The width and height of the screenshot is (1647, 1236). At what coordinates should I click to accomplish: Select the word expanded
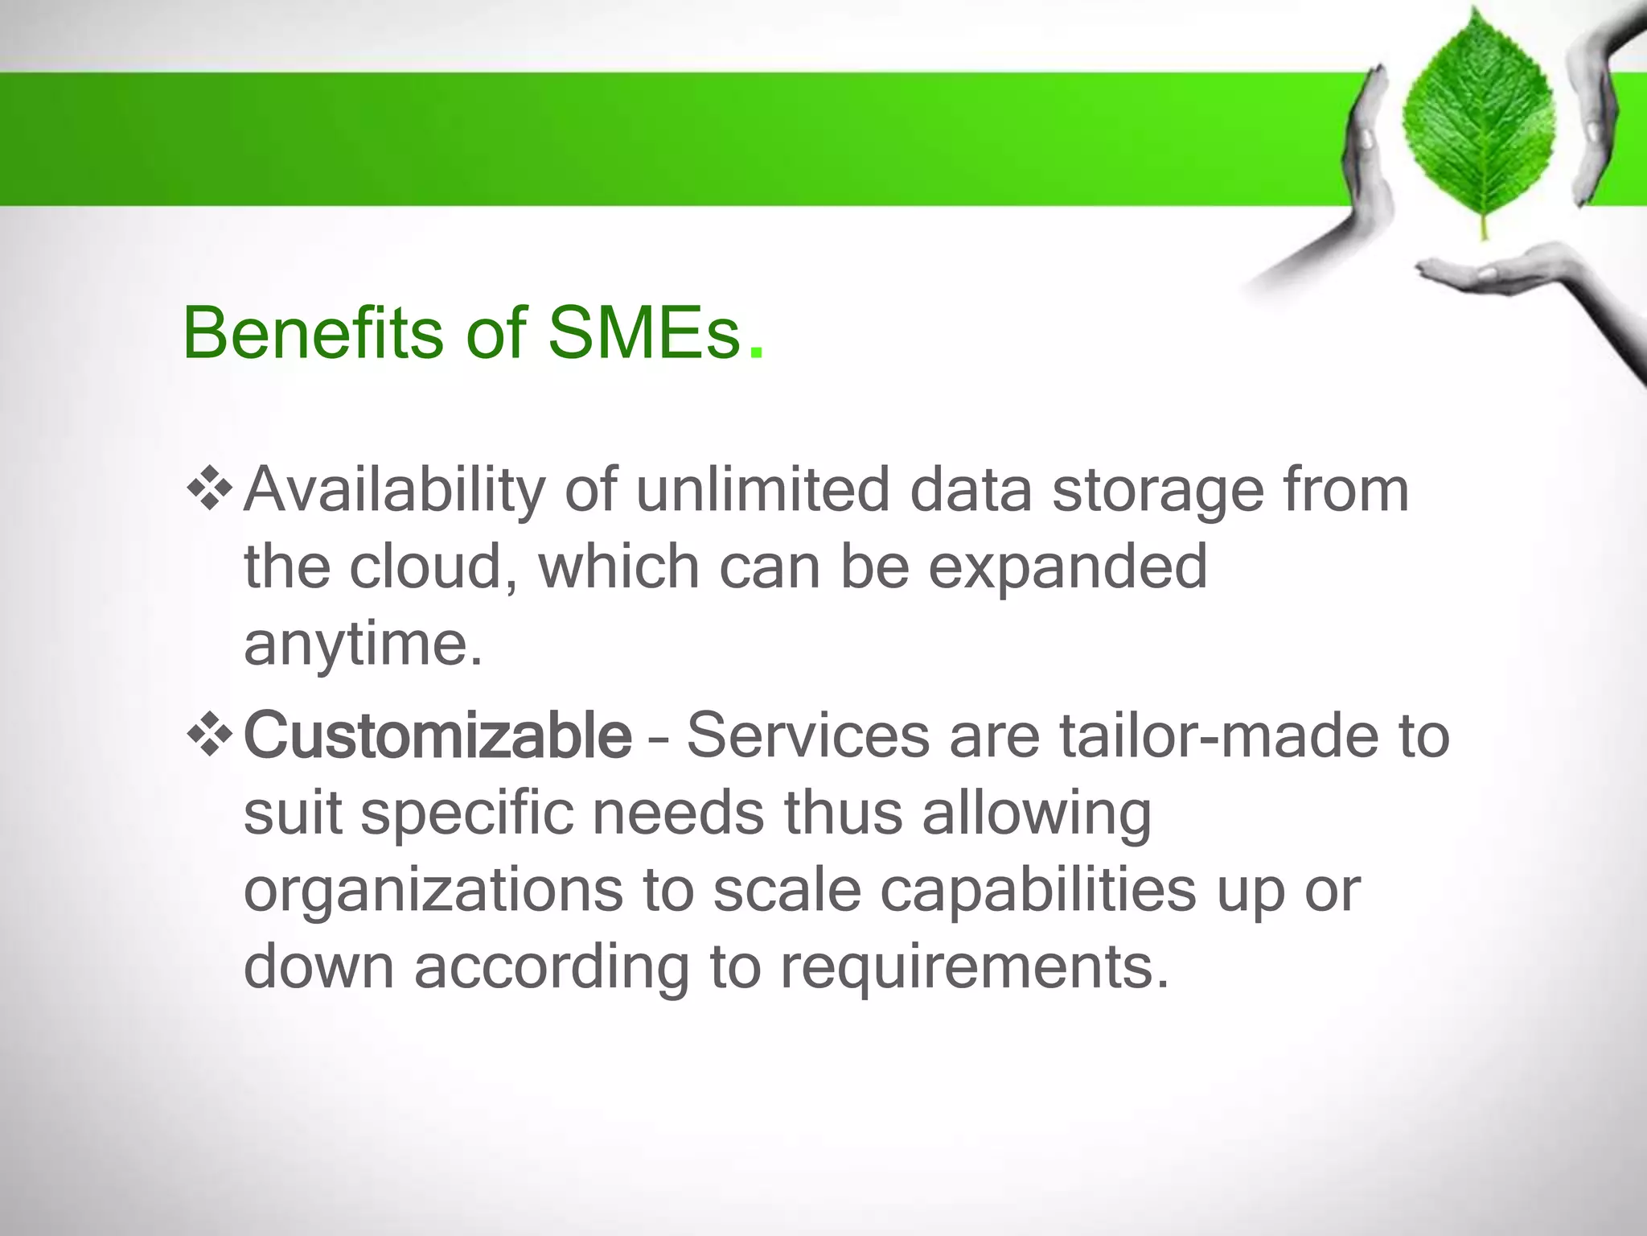coord(1068,568)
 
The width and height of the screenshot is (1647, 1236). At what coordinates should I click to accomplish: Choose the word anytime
coord(363,644)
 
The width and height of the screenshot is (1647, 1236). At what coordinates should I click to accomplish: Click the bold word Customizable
coord(437,735)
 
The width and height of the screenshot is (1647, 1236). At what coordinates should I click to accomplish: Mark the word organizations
coord(433,890)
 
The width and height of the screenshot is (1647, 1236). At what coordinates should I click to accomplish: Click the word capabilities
coord(1038,890)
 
